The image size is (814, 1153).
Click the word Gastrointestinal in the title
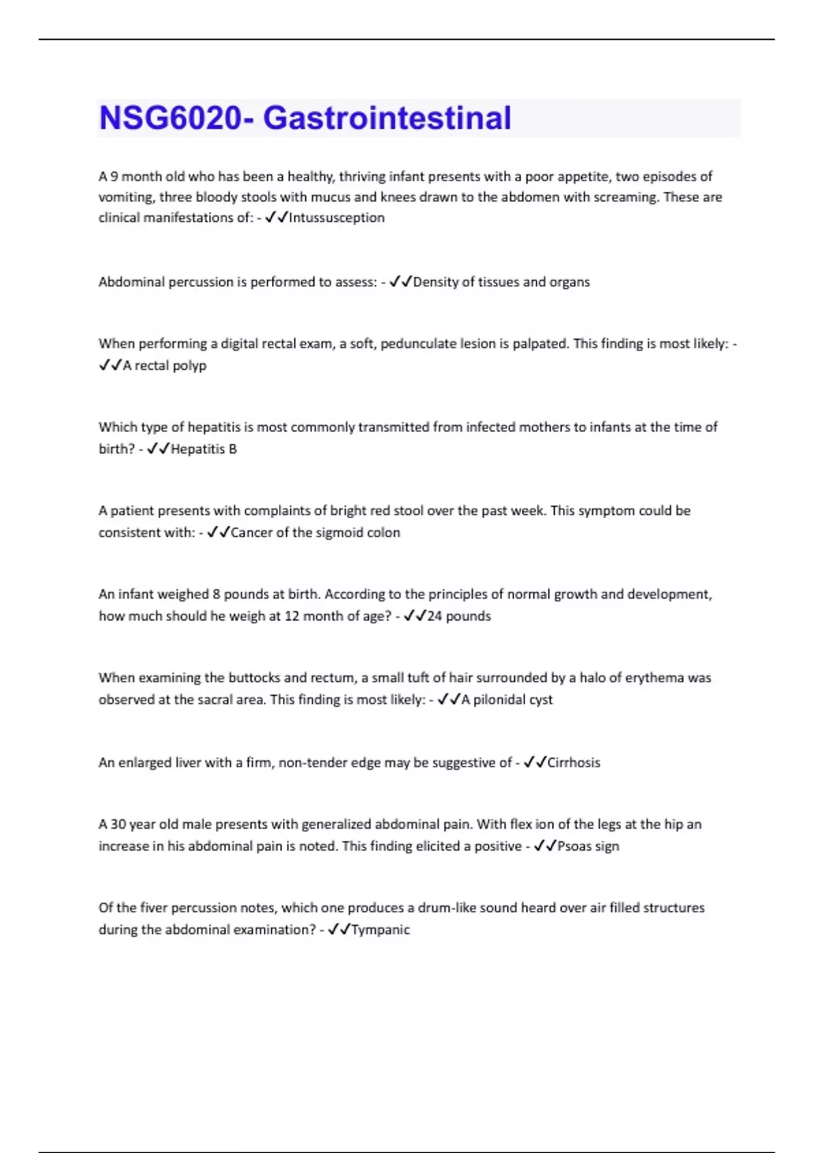(x=387, y=118)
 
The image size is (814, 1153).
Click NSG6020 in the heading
(x=170, y=118)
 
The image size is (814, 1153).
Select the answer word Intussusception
(x=336, y=218)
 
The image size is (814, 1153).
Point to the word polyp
(x=189, y=366)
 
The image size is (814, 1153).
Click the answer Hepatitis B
(x=203, y=449)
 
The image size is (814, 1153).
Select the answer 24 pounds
(x=459, y=616)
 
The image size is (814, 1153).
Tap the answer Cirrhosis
(x=573, y=762)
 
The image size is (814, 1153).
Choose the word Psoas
(x=574, y=846)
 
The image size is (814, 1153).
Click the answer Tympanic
(x=380, y=929)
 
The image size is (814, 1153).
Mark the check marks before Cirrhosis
(x=535, y=762)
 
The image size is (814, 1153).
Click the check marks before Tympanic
(x=338, y=929)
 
